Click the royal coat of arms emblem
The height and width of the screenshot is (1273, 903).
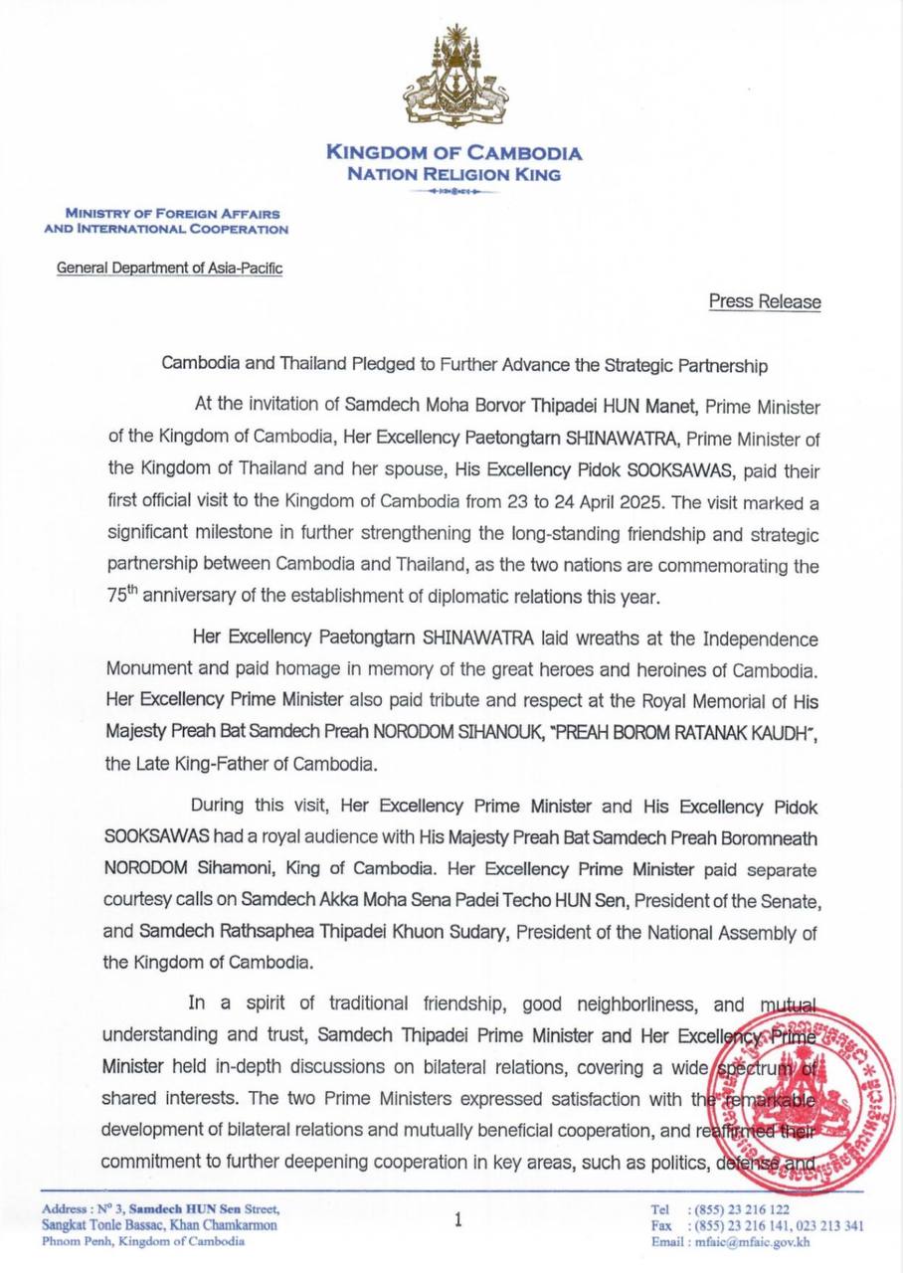[x=454, y=79]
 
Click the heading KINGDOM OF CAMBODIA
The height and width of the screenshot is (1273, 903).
[x=454, y=154]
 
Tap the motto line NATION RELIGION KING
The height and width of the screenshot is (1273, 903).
[x=453, y=175]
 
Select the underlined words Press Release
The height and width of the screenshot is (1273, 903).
[x=765, y=301]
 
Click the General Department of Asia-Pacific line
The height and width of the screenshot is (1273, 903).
[x=169, y=269]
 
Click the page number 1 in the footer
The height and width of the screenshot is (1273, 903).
[x=457, y=1219]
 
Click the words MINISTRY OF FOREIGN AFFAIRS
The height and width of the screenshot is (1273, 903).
[x=172, y=214]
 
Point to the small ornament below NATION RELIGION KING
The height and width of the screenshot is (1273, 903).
[x=453, y=191]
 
